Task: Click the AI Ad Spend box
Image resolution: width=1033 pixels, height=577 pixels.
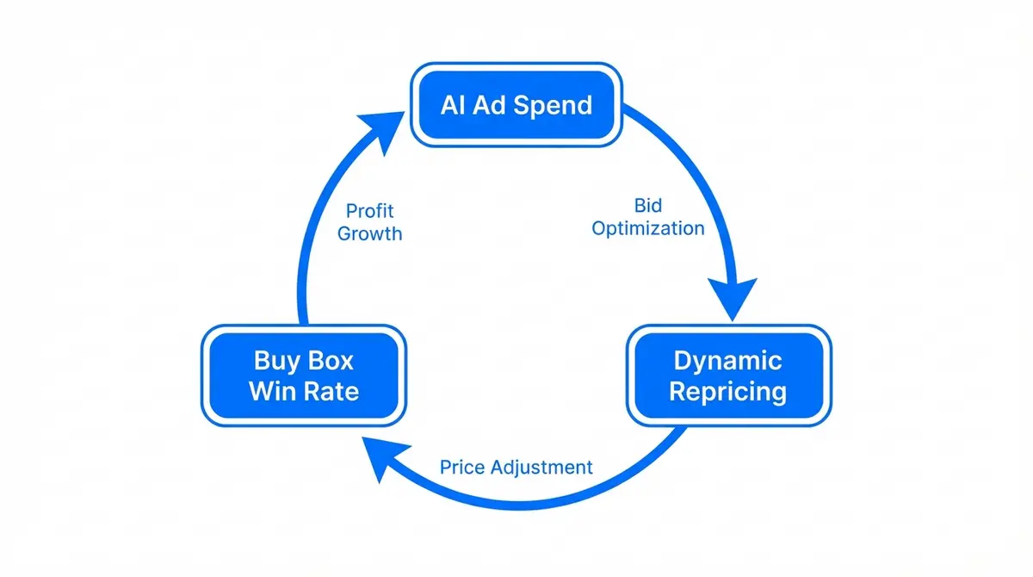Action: (516, 105)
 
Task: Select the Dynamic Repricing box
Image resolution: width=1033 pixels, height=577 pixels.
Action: (727, 375)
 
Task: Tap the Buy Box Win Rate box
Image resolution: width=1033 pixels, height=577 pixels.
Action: (303, 375)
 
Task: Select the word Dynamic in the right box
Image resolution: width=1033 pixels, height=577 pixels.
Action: (727, 360)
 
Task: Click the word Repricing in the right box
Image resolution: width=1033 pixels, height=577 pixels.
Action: (727, 392)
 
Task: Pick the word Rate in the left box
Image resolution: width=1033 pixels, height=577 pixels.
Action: (333, 392)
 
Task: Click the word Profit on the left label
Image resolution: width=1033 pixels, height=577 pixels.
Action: (369, 212)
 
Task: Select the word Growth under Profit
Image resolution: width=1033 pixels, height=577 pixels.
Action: (369, 233)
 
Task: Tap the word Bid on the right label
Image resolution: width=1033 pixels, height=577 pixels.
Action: (647, 207)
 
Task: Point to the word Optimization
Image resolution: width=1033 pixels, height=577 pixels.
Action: (647, 228)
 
